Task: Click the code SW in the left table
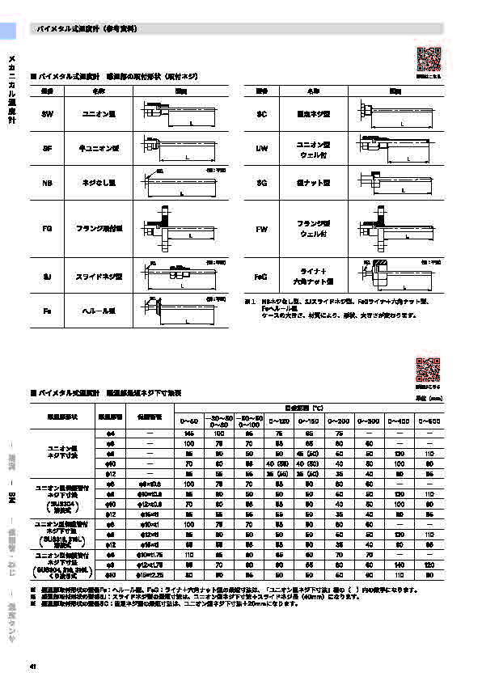[46, 115]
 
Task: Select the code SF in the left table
[46, 149]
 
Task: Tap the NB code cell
[46, 184]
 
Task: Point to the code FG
[46, 230]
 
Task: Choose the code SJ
[46, 277]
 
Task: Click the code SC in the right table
[261, 115]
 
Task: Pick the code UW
[261, 149]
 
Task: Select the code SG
[261, 184]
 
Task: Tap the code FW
[261, 230]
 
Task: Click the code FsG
[260, 277]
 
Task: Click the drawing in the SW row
[178, 115]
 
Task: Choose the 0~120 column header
[278, 421]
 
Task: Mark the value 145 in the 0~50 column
[188, 435]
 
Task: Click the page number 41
[32, 666]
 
